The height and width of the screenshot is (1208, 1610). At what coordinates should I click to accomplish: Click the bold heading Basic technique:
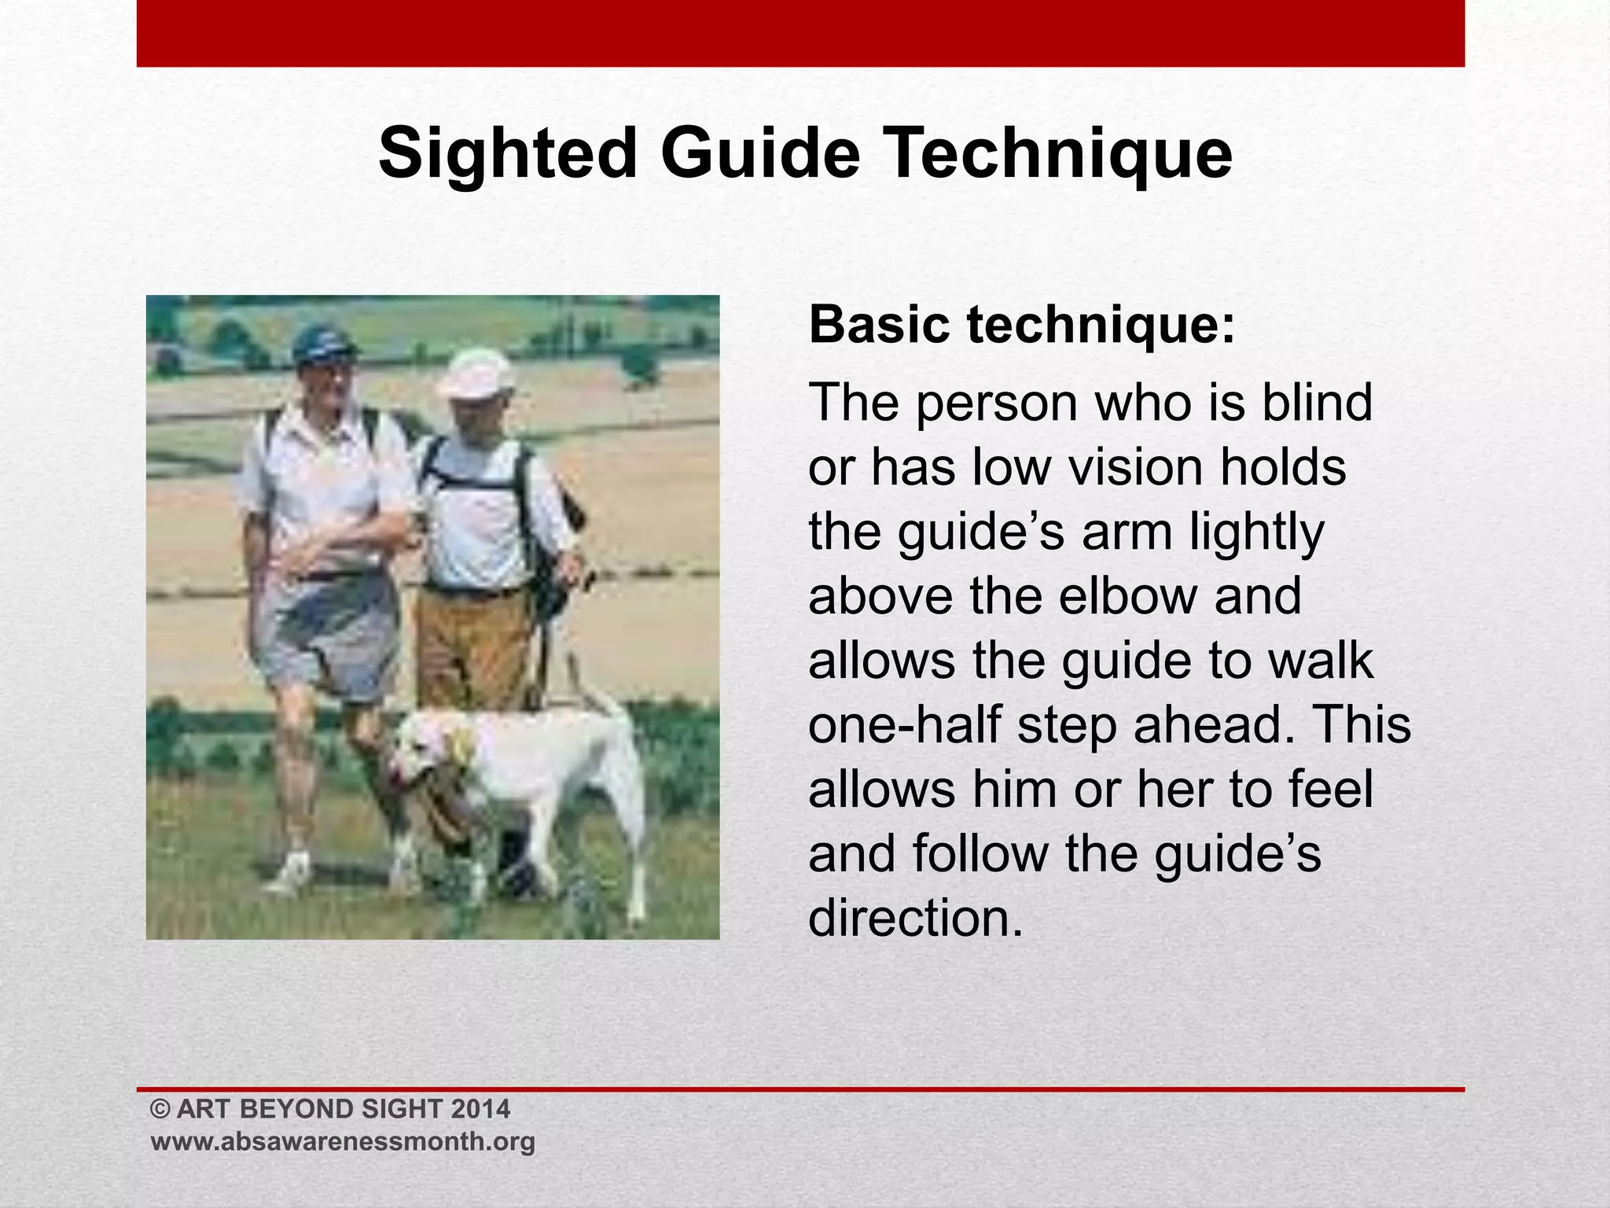[1022, 324]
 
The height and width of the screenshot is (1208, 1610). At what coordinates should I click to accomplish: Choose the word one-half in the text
[904, 724]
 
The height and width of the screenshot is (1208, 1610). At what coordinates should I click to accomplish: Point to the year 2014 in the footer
[481, 1109]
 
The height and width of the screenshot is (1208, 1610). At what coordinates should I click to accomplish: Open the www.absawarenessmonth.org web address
[343, 1141]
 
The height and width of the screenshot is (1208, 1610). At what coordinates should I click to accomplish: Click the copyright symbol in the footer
[160, 1109]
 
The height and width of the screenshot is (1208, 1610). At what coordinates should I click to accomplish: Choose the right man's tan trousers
[472, 645]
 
